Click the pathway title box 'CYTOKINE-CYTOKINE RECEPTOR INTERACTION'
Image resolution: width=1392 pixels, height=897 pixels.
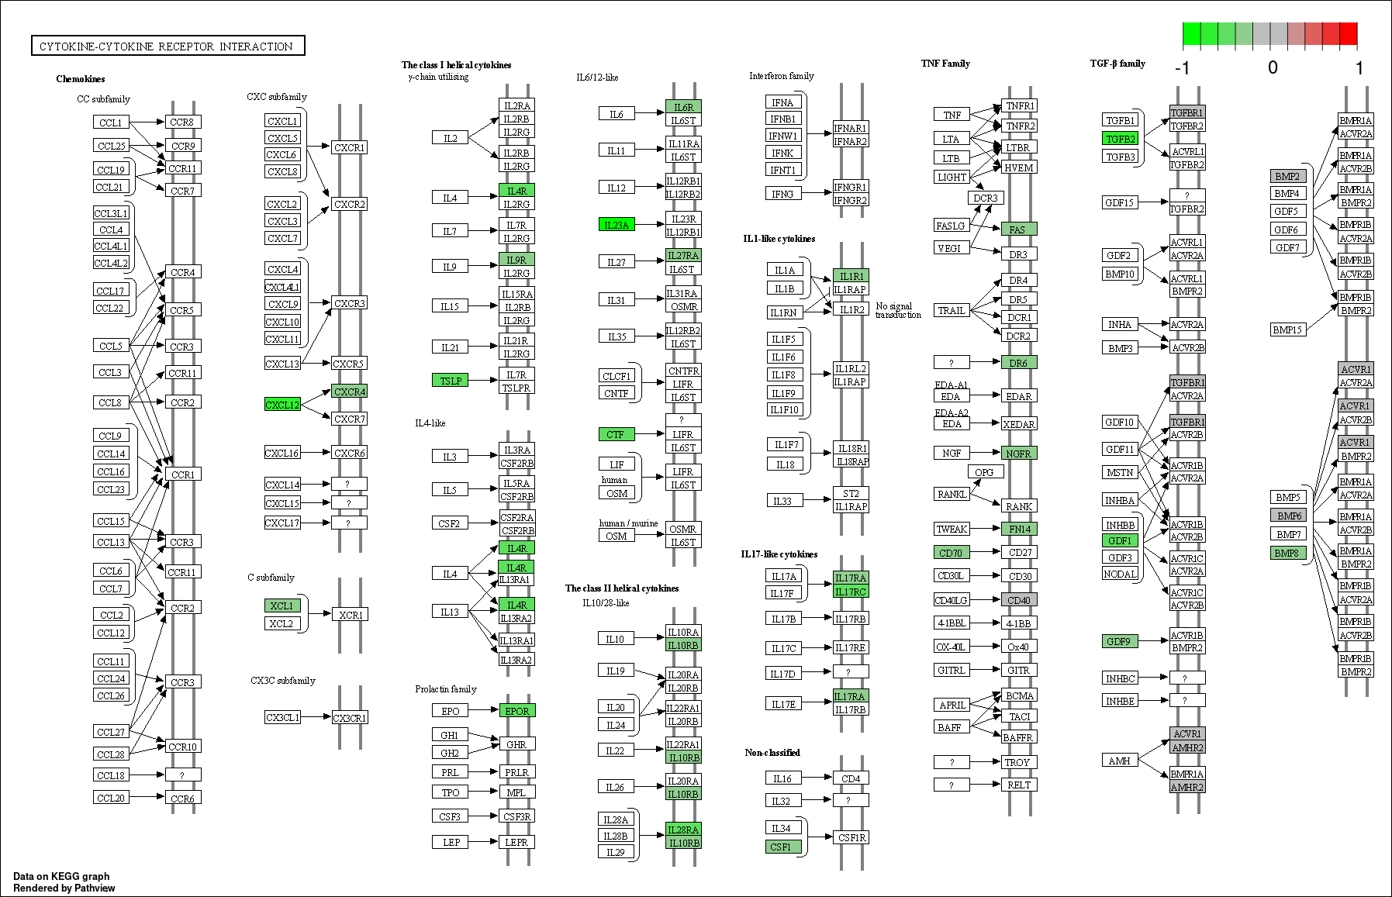coord(168,46)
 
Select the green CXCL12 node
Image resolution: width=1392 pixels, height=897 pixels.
coord(282,404)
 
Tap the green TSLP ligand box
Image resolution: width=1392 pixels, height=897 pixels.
coord(451,380)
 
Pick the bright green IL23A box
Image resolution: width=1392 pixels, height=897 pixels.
coord(617,224)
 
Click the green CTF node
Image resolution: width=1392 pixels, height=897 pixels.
coord(617,434)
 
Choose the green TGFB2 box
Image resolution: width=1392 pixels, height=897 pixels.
coord(1121,139)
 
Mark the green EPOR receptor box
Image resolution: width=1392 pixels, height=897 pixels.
coord(516,710)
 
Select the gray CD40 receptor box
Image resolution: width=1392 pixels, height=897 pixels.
coord(1019,599)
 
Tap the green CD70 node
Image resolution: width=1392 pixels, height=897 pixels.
coord(952,553)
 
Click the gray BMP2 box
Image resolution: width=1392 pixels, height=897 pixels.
coord(1288,176)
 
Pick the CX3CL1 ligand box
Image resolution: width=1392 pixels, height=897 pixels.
coord(282,717)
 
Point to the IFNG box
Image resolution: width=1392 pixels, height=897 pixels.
coord(783,193)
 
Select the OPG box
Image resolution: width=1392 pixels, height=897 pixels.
coord(985,471)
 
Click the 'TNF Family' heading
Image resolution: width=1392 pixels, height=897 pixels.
coord(945,64)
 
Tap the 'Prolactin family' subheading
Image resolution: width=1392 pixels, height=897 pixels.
coord(446,688)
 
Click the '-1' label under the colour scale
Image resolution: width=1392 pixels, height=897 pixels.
coord(1182,68)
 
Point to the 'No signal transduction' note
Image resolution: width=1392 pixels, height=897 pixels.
coord(898,310)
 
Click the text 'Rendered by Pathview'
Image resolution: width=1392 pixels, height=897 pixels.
coord(64,888)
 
